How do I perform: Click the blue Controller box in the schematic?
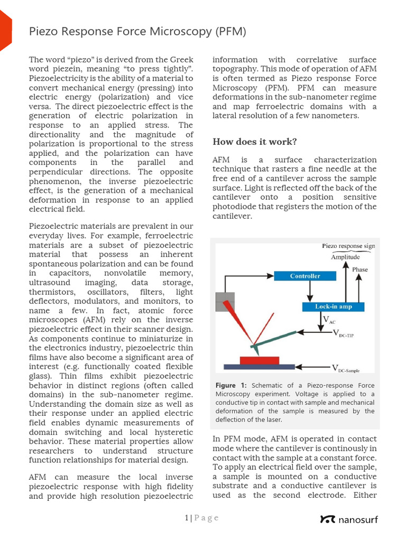tap(305, 276)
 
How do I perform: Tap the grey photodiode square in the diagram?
tap(224, 302)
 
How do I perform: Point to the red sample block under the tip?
tap(260, 360)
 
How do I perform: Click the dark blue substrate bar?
tap(259, 367)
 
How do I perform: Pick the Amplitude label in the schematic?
tap(345, 257)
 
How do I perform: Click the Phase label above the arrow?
tap(360, 269)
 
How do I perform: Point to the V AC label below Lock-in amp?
tap(329, 320)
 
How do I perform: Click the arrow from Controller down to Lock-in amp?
tap(310, 291)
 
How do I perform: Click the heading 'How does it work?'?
tap(254, 142)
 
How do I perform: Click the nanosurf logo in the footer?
tap(349, 519)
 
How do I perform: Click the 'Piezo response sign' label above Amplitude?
tap(348, 246)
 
